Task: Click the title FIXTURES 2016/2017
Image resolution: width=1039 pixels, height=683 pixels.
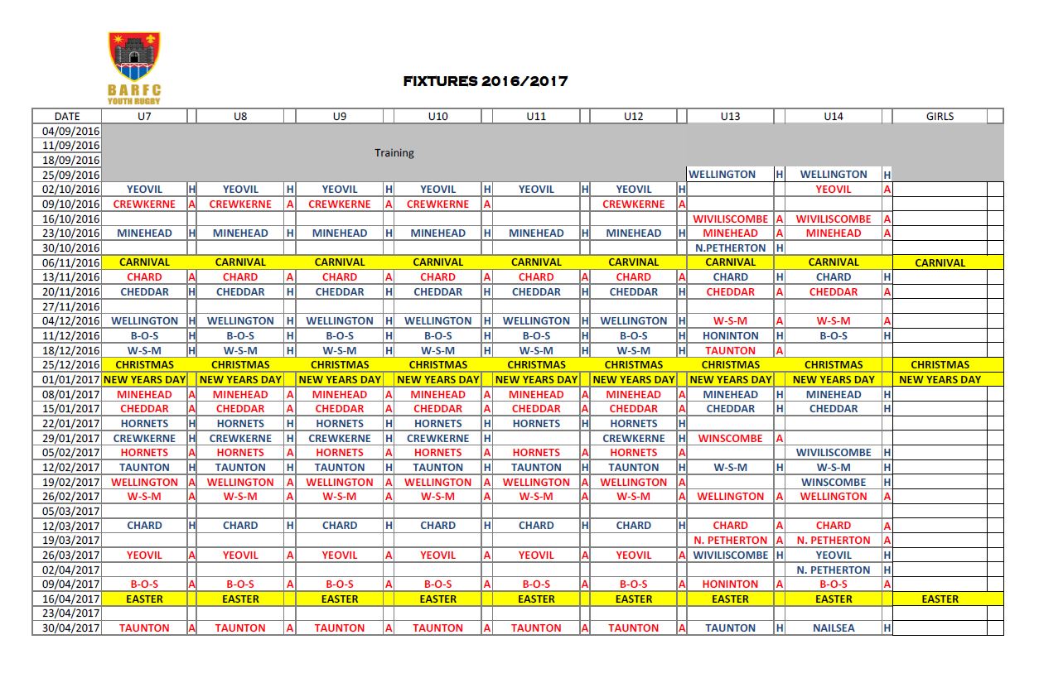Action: [x=485, y=81]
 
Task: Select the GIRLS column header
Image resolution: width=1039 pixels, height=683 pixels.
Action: [x=940, y=117]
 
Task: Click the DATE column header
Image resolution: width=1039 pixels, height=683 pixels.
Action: [x=67, y=117]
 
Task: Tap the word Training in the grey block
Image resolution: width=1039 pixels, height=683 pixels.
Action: [x=394, y=153]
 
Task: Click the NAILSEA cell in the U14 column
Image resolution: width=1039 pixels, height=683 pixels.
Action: [x=833, y=628]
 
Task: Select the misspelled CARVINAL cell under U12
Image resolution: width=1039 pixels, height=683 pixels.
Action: [x=633, y=262]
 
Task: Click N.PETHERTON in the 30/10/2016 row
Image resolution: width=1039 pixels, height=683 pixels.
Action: [x=730, y=248]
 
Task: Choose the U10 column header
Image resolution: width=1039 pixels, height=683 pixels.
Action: [x=437, y=117]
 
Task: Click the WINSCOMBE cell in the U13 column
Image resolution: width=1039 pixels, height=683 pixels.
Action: [x=730, y=438]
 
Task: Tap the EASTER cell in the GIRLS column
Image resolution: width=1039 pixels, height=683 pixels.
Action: [x=940, y=599]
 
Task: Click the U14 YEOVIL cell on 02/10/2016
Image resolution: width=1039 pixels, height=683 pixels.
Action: [x=833, y=190]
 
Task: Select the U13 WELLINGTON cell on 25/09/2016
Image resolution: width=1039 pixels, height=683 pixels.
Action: [x=722, y=175]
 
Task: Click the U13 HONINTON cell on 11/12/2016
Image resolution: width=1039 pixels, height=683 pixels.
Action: [x=730, y=336]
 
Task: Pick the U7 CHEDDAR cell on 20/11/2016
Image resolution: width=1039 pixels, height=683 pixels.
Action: [x=144, y=291]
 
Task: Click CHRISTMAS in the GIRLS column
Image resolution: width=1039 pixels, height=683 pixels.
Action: [x=940, y=365]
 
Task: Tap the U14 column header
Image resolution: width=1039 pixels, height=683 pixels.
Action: [x=833, y=117]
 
